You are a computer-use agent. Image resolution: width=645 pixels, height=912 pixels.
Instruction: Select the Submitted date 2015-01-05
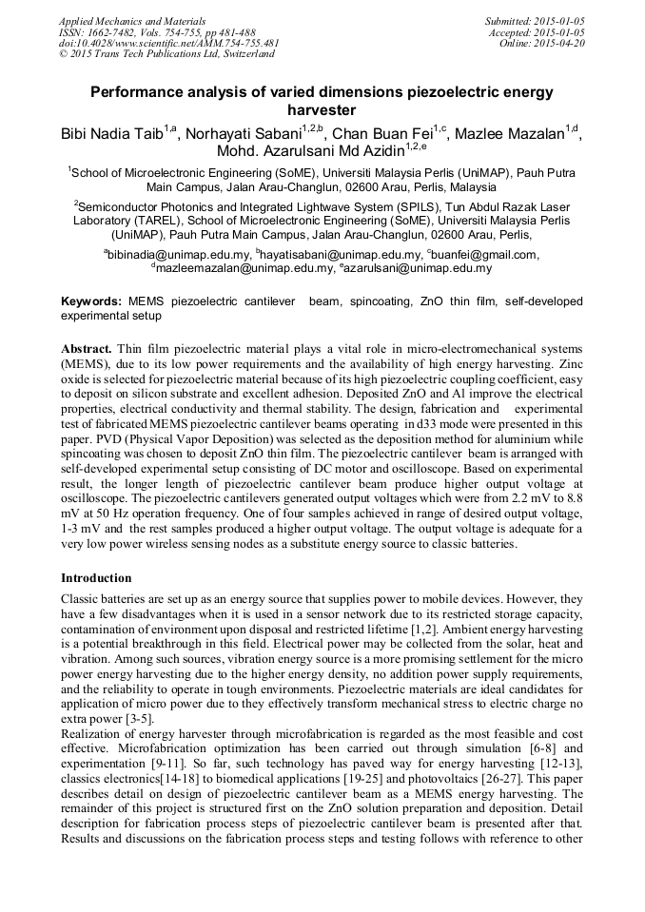click(x=557, y=20)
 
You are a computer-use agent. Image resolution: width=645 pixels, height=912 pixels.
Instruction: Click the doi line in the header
click(x=168, y=43)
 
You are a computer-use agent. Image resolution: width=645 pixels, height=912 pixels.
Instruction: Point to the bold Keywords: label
click(x=90, y=301)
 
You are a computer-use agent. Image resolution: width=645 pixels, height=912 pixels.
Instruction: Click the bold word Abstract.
click(x=86, y=349)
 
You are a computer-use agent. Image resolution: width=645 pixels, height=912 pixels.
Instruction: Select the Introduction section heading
click(x=96, y=578)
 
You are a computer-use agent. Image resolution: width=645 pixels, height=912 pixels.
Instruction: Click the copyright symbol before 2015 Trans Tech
click(x=63, y=54)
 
